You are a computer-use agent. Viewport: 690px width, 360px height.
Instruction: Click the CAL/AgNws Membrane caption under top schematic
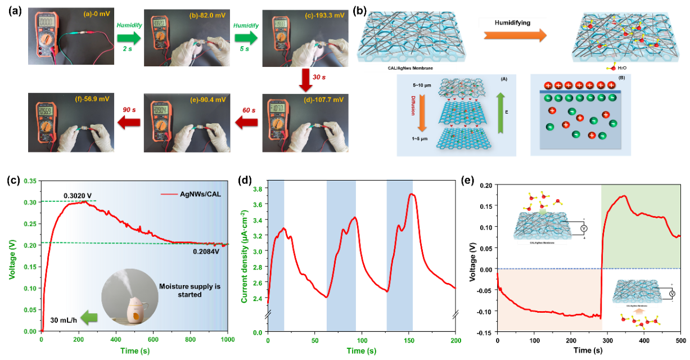(411, 68)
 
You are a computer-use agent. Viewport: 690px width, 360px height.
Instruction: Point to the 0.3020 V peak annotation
(79, 196)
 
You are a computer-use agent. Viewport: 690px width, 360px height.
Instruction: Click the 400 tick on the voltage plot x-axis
(116, 340)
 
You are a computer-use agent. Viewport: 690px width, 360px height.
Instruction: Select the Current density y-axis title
(245, 256)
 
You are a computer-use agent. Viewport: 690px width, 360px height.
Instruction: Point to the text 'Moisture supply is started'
(190, 290)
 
